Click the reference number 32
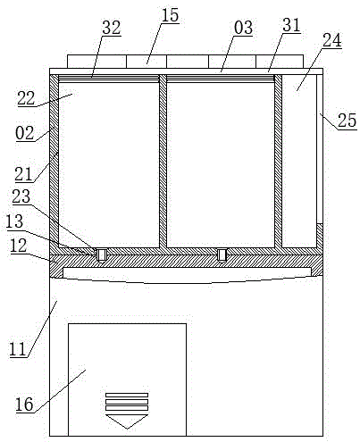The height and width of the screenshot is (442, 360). point(112,28)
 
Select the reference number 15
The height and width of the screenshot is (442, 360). point(170,15)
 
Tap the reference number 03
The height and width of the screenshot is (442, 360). point(243,28)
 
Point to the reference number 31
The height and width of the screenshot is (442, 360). point(291,25)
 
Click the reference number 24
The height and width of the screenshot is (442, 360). point(332,40)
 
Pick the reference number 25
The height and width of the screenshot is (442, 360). point(347,121)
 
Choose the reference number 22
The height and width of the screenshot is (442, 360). point(26,98)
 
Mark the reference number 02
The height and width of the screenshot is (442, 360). point(25,133)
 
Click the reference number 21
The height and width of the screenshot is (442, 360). point(23,174)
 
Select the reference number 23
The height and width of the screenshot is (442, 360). point(21,196)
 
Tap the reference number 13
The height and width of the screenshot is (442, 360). point(14,221)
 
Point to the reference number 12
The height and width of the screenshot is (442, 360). point(18,246)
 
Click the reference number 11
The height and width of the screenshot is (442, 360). point(18,349)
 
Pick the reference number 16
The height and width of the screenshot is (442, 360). point(24,404)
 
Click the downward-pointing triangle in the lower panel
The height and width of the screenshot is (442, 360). point(127,421)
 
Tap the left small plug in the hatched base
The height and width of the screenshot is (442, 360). point(101,255)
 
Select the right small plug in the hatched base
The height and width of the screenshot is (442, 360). point(222,254)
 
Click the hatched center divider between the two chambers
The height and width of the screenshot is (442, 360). point(163,161)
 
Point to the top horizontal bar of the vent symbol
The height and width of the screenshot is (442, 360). point(127,395)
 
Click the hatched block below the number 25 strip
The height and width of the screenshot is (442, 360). point(320,236)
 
